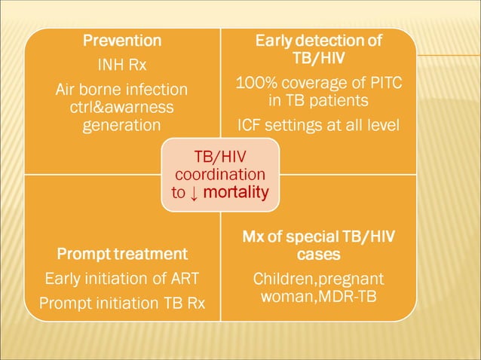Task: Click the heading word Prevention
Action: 122,40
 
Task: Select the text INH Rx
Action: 122,65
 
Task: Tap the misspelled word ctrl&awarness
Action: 122,108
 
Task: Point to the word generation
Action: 122,125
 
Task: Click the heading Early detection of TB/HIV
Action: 318,49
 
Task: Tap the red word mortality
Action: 236,192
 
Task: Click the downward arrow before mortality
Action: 195,193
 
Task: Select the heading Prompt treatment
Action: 122,253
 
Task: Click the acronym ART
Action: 184,279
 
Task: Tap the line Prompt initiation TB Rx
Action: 122,304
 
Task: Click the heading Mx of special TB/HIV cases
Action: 318,246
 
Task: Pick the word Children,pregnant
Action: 318,279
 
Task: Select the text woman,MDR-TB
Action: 318,297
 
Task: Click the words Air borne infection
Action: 122,90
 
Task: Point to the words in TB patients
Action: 318,100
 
